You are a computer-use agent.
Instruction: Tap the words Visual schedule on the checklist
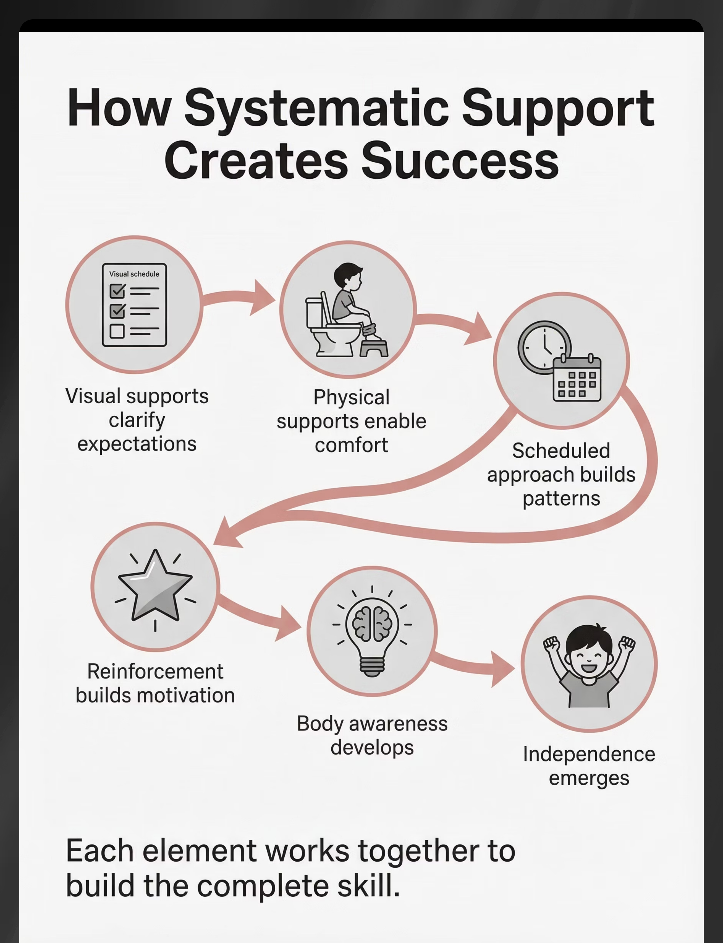tap(134, 274)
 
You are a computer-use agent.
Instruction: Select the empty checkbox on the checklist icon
tap(117, 331)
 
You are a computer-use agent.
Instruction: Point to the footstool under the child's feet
tap(374, 348)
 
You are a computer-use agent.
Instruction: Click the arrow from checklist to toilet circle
tap(241, 297)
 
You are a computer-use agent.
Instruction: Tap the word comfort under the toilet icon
tap(351, 445)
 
